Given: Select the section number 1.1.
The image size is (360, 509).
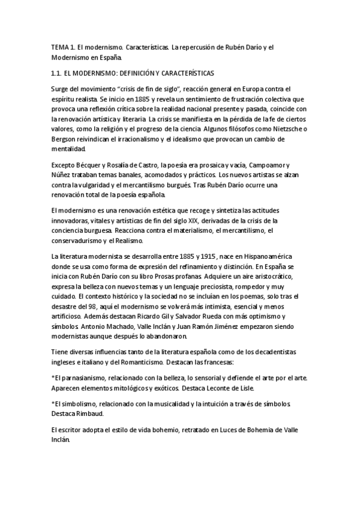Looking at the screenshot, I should coord(59,73).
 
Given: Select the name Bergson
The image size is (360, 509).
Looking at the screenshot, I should coord(65,139).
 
